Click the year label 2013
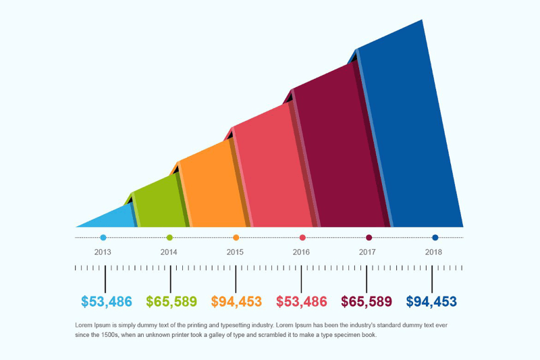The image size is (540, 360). click(103, 252)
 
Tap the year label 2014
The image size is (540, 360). click(169, 252)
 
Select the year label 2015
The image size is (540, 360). click(235, 252)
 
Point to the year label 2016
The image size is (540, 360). click(301, 252)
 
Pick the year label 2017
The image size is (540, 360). click(367, 252)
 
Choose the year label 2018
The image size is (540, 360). click(433, 252)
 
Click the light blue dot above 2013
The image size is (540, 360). click(103, 238)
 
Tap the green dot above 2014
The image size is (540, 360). click(169, 238)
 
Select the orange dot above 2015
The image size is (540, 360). click(236, 238)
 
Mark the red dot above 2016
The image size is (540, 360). click(302, 238)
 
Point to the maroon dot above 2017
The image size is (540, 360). click(369, 238)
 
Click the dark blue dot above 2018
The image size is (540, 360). click(435, 238)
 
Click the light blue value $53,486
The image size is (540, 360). click(106, 301)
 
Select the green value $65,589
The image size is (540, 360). click(171, 301)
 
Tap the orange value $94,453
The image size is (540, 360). click(236, 301)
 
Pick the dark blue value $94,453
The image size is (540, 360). click(432, 301)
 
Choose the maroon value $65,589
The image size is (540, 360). click(367, 301)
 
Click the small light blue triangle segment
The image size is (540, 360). click(111, 218)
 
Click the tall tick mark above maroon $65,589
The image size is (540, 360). click(367, 278)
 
